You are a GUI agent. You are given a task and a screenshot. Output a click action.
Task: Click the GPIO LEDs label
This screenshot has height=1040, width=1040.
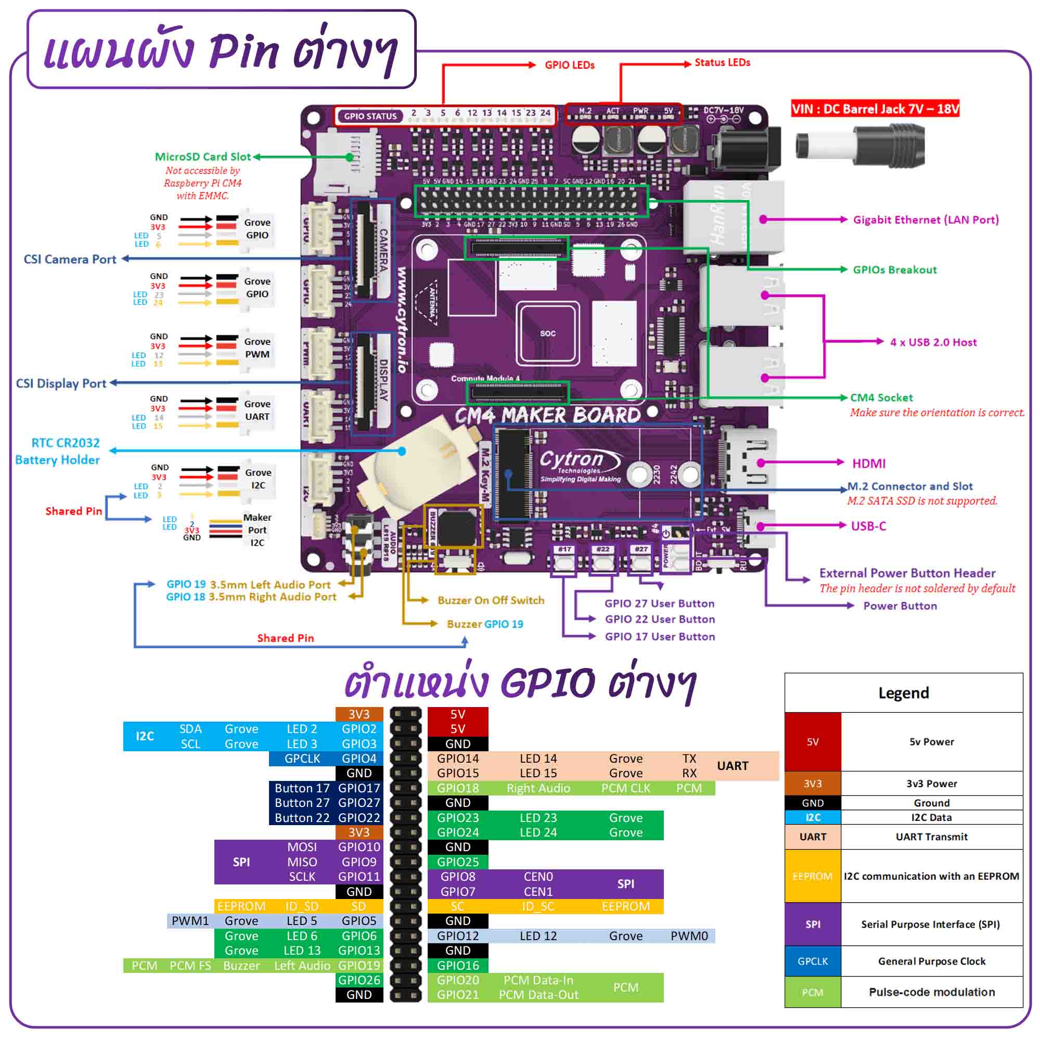click(569, 65)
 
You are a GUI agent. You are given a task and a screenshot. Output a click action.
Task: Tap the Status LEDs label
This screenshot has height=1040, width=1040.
click(722, 62)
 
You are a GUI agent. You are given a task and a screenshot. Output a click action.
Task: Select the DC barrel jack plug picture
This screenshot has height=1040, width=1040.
click(859, 145)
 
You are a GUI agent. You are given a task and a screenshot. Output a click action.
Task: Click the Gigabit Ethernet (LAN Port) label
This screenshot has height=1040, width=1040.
click(926, 220)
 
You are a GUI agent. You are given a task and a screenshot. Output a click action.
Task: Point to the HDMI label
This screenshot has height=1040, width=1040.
click(868, 464)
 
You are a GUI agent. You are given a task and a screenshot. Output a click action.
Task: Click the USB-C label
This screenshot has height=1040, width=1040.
click(868, 526)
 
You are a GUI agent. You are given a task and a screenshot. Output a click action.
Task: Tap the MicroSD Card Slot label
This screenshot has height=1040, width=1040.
click(202, 157)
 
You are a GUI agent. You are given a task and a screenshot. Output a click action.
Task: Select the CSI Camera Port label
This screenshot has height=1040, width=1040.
click(70, 259)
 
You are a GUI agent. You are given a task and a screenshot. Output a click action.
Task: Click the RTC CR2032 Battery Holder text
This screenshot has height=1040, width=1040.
click(58, 451)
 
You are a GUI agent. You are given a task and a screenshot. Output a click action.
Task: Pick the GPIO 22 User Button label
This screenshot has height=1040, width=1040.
click(659, 619)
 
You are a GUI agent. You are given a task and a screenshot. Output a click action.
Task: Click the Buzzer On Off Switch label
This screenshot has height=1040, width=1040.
click(491, 600)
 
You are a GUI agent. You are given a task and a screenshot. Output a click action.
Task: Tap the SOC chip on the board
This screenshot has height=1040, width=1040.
click(547, 333)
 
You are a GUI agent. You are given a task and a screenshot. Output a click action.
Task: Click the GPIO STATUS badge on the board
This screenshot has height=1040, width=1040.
click(370, 115)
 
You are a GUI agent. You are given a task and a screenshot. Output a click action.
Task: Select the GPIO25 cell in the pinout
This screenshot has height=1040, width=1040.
click(457, 862)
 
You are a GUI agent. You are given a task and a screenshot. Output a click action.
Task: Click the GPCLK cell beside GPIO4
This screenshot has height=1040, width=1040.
click(302, 759)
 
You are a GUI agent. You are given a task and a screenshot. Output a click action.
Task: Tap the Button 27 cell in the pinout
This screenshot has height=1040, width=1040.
click(301, 803)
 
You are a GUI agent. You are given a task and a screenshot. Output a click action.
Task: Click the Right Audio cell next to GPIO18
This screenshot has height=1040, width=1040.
click(538, 788)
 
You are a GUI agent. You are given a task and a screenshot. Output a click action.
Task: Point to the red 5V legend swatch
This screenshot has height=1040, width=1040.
click(812, 741)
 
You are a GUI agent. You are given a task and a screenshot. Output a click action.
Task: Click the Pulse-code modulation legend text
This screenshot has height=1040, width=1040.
click(931, 992)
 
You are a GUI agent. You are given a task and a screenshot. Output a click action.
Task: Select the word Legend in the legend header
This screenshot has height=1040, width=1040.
click(903, 693)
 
